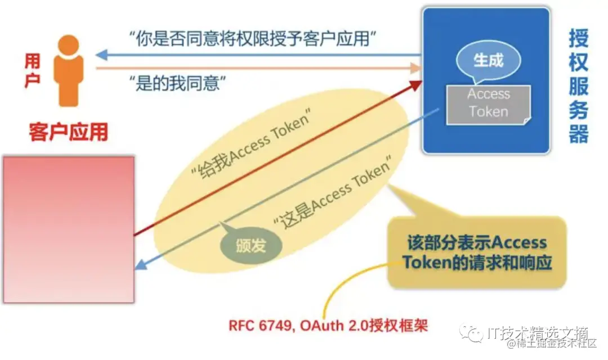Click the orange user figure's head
[69, 44]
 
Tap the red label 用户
[33, 71]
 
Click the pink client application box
[69, 229]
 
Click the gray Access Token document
[488, 103]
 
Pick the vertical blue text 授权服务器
[578, 87]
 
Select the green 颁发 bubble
[251, 245]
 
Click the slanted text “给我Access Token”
[251, 147]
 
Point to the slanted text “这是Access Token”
[332, 193]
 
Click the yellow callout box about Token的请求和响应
[476, 253]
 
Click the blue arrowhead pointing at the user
[101, 55]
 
